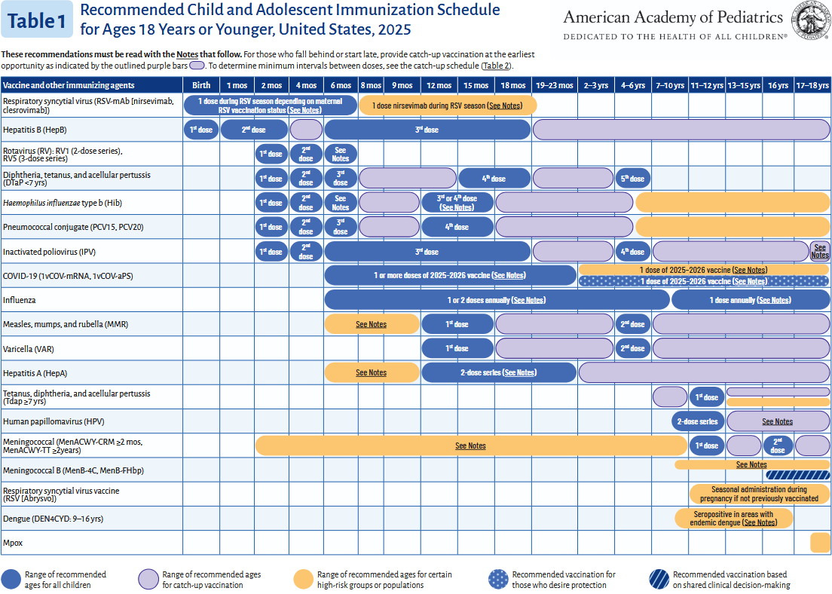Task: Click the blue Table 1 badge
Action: point(37,20)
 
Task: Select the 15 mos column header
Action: point(476,86)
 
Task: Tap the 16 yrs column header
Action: point(778,86)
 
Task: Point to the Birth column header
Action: point(201,86)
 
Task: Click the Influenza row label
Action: point(20,300)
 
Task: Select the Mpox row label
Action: point(12,542)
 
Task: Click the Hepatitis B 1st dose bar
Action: point(200,130)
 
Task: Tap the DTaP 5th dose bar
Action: point(632,179)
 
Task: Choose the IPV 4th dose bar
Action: point(632,252)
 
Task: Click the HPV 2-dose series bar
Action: point(698,421)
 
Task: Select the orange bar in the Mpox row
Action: point(819,542)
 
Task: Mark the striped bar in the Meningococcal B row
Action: point(797,475)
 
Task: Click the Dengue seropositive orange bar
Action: point(734,519)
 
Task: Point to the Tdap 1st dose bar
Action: point(706,397)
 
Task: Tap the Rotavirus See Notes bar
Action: point(341,155)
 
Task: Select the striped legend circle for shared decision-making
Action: point(658,579)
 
